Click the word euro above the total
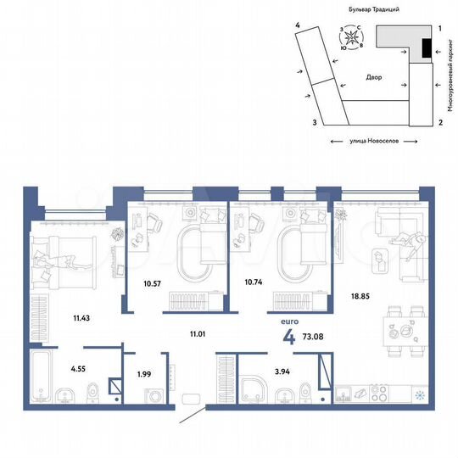coord(289,322)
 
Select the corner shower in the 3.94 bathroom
coord(254,388)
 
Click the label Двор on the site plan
coord(374,78)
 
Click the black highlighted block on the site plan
coord(426,51)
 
